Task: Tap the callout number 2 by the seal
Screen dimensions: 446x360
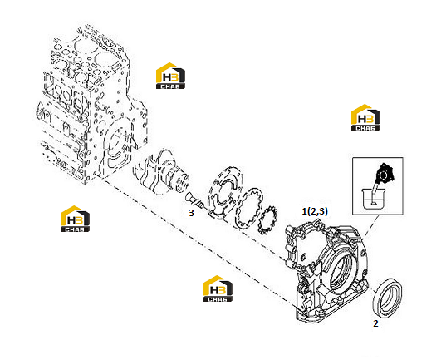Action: pos(375,323)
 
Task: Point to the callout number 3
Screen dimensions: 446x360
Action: pos(191,213)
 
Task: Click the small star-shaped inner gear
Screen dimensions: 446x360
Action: pos(267,220)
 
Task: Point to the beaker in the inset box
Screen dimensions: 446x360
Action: pos(373,199)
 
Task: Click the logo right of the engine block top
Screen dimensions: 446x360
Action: pos(170,76)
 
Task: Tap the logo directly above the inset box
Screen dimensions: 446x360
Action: pos(365,117)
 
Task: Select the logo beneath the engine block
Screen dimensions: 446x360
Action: pos(75,219)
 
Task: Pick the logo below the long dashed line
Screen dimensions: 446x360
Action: pos(218,288)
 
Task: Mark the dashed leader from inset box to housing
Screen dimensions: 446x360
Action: pos(370,227)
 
